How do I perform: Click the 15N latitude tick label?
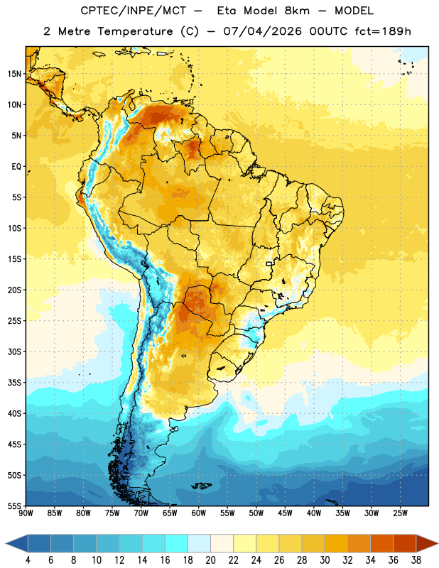click(14, 74)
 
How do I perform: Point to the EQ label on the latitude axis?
click(16, 167)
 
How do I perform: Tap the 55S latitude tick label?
click(14, 506)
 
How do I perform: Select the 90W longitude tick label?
click(26, 513)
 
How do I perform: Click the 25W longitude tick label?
click(400, 513)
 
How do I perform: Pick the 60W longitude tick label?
click(199, 513)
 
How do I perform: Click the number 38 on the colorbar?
click(416, 560)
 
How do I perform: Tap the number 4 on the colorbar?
click(28, 560)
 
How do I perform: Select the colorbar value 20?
click(210, 560)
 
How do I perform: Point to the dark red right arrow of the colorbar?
click(427, 544)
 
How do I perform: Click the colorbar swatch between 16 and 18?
click(177, 544)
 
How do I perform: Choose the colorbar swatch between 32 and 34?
click(359, 544)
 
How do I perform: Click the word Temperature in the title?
click(135, 31)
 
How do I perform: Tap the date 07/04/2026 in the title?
click(262, 31)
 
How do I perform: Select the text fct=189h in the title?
click(383, 31)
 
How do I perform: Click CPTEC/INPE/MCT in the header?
click(134, 11)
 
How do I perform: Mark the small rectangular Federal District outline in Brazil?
click(269, 264)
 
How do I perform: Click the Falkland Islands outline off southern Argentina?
click(201, 486)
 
